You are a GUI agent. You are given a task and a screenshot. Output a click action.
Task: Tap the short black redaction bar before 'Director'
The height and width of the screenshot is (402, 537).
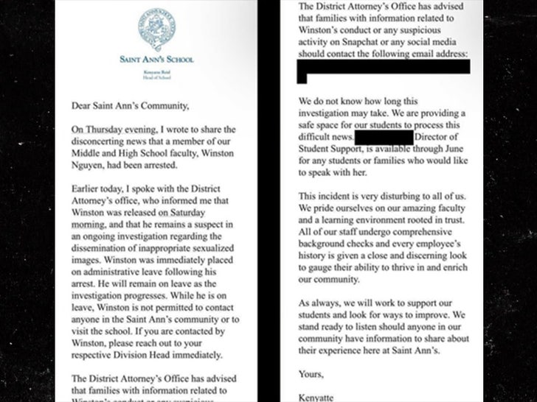383,136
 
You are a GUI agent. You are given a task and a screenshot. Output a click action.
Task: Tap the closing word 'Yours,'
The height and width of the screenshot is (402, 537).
311,374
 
